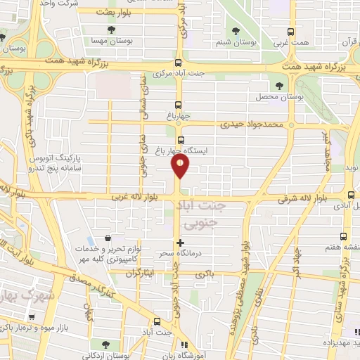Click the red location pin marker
pos(181,166)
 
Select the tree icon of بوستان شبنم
pos(235,31)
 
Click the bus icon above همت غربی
pos(291,32)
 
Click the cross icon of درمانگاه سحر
pos(181,242)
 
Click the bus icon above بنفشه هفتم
pos(343,236)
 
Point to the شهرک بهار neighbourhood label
pos(28,294)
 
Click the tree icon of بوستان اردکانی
pos(106,345)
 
